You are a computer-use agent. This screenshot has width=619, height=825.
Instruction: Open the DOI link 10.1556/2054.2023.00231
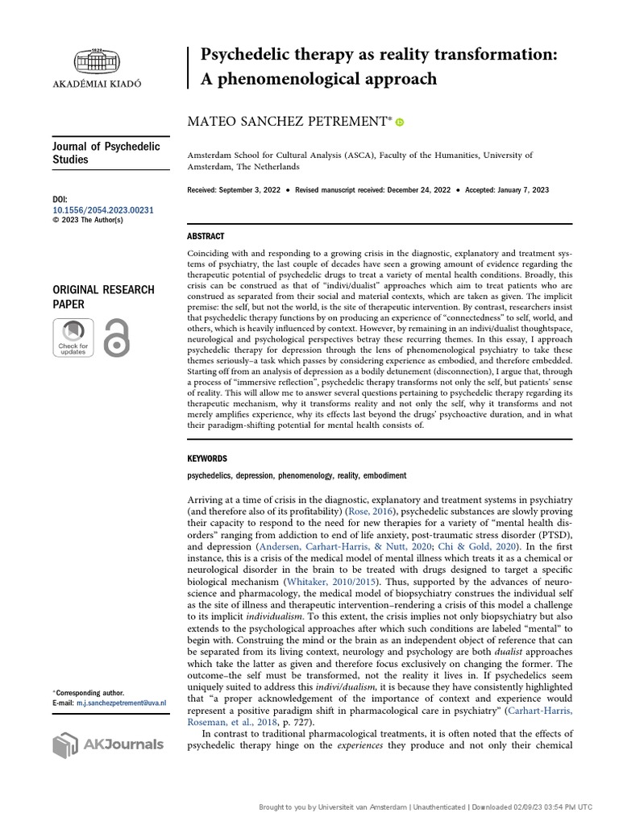[x=102, y=210]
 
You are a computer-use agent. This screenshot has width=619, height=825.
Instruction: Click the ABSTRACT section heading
[x=206, y=236]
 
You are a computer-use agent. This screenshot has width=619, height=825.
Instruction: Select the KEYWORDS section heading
[x=207, y=458]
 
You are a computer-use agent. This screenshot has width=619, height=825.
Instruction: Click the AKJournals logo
[x=107, y=744]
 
